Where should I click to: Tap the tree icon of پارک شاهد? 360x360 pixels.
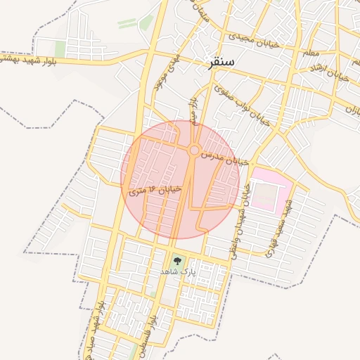point(176,260)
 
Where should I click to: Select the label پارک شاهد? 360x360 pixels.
point(175,271)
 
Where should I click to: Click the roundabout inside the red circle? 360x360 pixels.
point(193,150)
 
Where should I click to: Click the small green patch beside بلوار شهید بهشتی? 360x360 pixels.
point(60,49)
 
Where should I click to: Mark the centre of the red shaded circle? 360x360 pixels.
point(180,180)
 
